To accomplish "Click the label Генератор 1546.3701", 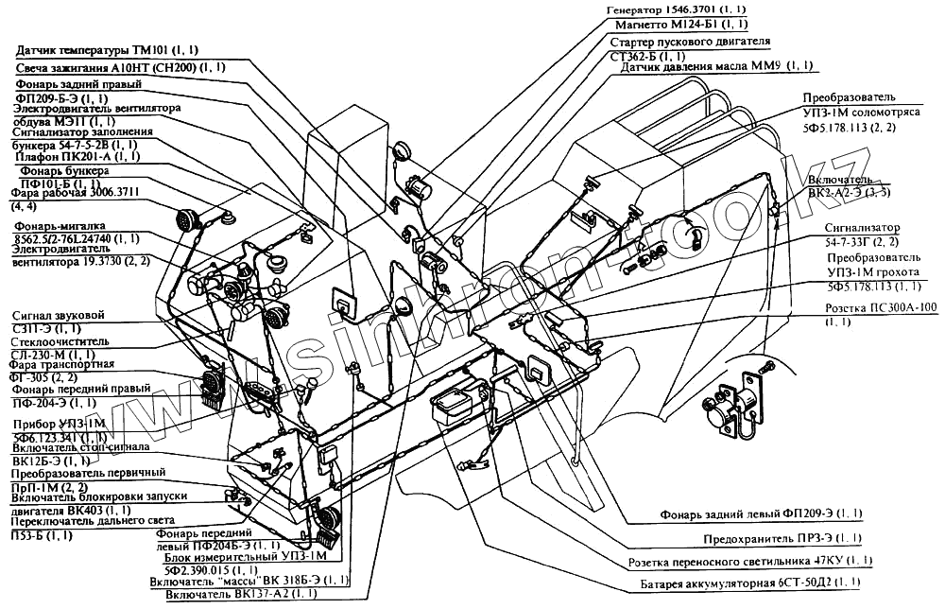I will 666,9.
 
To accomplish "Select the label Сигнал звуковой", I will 56,315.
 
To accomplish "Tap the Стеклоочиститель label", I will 61,340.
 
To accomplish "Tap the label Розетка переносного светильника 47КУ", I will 751,561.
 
